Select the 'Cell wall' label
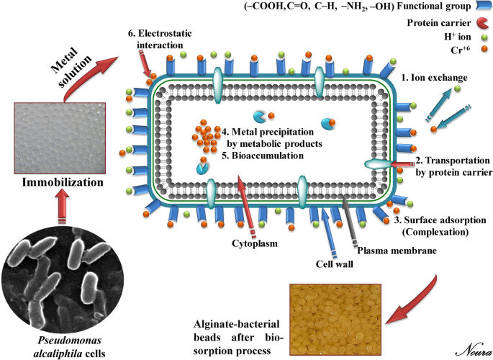coord(332,263)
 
